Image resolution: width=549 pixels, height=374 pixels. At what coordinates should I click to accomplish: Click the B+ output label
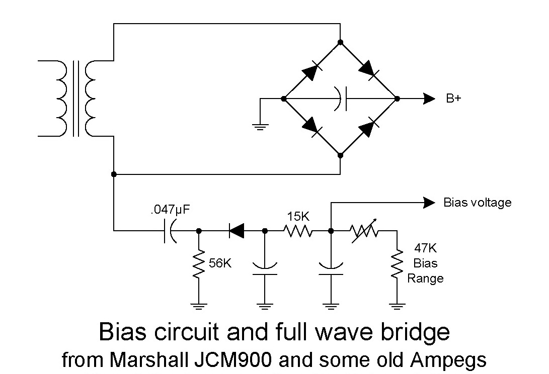click(453, 99)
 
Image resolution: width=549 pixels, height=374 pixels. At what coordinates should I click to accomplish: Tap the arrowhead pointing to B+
click(429, 99)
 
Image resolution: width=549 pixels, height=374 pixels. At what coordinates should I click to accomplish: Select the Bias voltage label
click(477, 203)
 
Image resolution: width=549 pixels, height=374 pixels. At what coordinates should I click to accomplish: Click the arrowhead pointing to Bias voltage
click(429, 203)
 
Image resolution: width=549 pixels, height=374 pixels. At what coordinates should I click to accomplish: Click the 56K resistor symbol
click(199, 263)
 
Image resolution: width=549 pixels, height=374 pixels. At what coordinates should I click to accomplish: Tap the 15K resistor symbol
click(298, 231)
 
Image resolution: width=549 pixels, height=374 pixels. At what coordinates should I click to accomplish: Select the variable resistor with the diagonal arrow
click(364, 231)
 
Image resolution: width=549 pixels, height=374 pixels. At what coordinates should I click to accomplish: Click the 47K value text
click(425, 248)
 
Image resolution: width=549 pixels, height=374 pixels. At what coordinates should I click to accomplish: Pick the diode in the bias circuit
click(237, 231)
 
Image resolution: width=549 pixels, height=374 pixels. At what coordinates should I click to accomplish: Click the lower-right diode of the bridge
click(368, 126)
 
